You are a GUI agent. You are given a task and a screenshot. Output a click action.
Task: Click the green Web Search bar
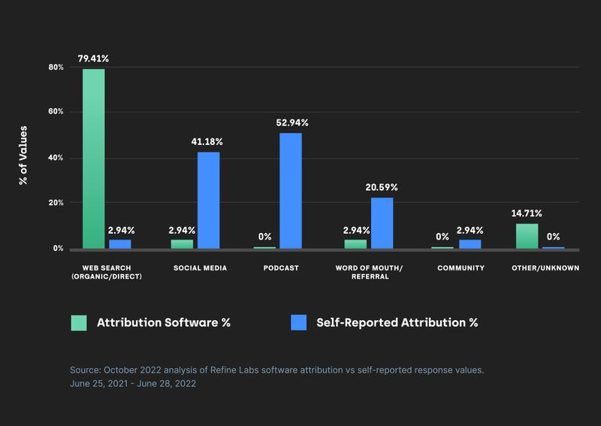point(93,159)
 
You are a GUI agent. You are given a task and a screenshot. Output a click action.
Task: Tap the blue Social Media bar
point(208,200)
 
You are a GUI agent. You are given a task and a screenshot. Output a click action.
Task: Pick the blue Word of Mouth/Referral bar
point(382,222)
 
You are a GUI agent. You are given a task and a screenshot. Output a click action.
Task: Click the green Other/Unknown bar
point(527,236)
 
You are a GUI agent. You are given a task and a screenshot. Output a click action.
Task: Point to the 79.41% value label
point(94,57)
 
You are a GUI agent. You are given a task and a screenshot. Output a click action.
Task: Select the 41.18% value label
point(207,141)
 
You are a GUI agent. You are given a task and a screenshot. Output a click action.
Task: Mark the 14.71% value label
point(527,213)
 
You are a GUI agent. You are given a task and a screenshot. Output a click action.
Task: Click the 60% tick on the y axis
point(56,112)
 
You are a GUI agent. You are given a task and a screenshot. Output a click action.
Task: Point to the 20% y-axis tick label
point(56,203)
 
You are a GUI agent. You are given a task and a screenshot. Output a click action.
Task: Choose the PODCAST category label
point(280,268)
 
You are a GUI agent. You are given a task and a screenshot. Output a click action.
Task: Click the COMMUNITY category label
point(460,268)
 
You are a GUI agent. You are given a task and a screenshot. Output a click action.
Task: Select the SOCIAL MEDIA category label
point(200,268)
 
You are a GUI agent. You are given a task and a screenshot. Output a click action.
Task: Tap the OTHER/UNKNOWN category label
point(545,268)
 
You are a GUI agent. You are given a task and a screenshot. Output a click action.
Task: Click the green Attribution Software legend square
point(79,322)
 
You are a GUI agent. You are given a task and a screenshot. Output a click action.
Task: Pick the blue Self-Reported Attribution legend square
point(298,322)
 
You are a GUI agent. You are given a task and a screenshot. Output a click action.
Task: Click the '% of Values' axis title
point(23,156)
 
